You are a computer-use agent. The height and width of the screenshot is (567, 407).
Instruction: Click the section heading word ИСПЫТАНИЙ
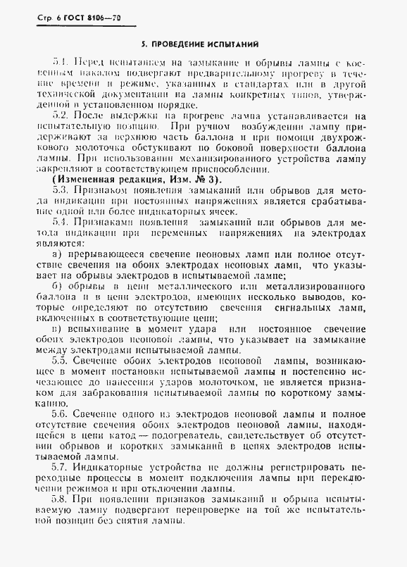[231, 42]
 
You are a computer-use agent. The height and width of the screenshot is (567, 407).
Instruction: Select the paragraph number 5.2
[61, 114]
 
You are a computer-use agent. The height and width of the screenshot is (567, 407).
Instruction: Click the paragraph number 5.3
[61, 189]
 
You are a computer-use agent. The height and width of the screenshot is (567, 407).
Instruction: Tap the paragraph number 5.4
[61, 223]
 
